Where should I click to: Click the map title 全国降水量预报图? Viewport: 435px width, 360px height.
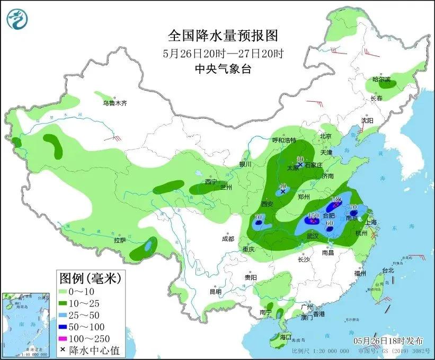click(x=223, y=36)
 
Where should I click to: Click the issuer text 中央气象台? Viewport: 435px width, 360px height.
click(x=223, y=68)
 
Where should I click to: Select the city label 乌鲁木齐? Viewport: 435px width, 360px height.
click(x=115, y=103)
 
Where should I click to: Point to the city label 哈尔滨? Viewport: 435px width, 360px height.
click(x=380, y=80)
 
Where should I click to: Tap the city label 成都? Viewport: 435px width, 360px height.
click(x=228, y=239)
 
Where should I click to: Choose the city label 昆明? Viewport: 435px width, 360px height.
click(x=215, y=291)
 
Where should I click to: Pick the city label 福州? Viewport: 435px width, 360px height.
click(x=361, y=273)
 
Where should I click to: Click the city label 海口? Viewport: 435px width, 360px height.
click(x=286, y=337)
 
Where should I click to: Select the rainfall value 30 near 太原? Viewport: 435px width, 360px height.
click(x=300, y=159)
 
